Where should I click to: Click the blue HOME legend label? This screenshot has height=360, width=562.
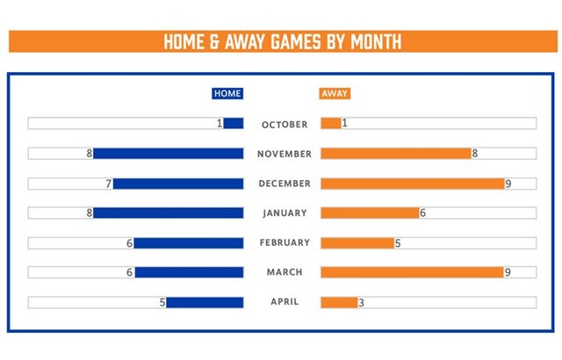[x=227, y=94]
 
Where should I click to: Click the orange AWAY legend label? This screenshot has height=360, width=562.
[x=335, y=94]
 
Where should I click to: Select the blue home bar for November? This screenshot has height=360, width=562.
[x=168, y=154]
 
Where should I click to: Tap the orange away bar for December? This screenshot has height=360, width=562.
[x=412, y=184]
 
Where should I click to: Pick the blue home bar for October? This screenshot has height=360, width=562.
[x=234, y=124]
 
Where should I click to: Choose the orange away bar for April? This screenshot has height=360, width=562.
[x=339, y=302]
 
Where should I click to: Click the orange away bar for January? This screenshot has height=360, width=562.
[x=370, y=212]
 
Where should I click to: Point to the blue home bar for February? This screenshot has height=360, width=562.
[x=188, y=242]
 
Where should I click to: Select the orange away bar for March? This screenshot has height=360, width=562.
[x=412, y=272]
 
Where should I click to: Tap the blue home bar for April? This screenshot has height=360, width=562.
[x=205, y=302]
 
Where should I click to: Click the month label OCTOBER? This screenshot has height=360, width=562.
[x=285, y=125]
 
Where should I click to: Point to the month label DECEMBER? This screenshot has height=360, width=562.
[x=285, y=184]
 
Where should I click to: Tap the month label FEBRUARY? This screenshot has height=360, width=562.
[x=285, y=242]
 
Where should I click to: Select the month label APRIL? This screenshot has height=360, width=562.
[x=285, y=302]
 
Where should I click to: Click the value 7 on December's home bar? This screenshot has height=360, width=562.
[x=109, y=184]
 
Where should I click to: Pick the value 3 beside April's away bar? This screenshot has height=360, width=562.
[x=361, y=302]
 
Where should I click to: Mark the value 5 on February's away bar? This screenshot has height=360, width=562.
[x=398, y=242]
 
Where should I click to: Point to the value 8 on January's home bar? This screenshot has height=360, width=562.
[x=89, y=212]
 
